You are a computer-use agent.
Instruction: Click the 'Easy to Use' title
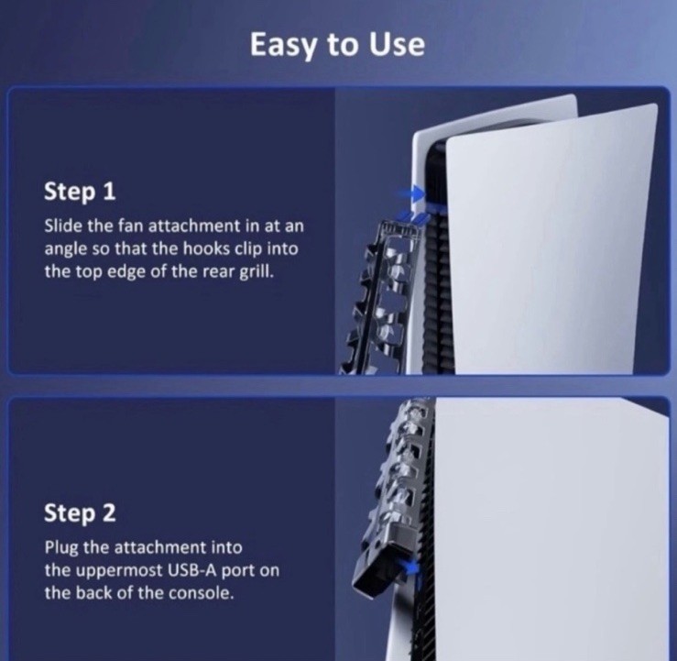click(337, 45)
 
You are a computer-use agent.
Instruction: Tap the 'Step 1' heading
click(80, 192)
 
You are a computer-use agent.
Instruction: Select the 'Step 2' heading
click(80, 512)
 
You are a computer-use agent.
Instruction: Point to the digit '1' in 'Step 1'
click(110, 191)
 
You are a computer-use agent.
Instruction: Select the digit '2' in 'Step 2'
click(110, 512)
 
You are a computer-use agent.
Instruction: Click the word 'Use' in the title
click(398, 45)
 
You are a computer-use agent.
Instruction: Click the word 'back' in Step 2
click(95, 593)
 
